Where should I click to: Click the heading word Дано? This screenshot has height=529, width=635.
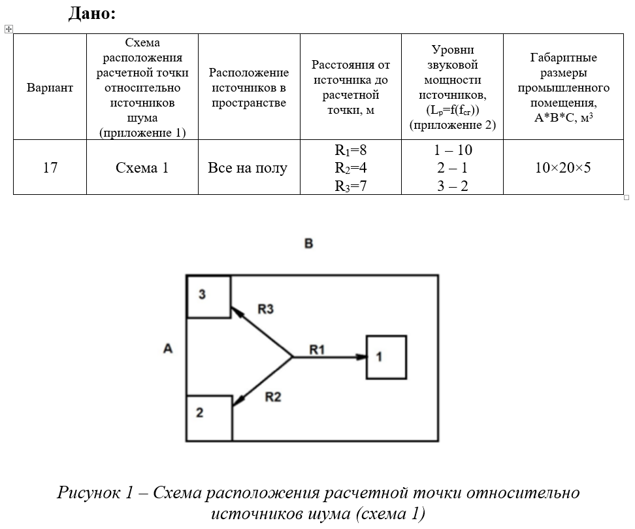pyautogui.click(x=91, y=13)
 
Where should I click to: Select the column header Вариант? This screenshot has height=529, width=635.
pyautogui.click(x=50, y=88)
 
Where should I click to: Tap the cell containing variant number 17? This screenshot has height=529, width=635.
pyautogui.click(x=50, y=168)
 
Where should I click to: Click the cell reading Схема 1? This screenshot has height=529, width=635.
pyautogui.click(x=142, y=168)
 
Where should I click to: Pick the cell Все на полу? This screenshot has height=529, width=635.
pyautogui.click(x=248, y=168)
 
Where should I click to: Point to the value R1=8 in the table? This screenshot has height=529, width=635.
pyautogui.click(x=350, y=150)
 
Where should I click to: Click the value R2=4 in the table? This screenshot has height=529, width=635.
pyautogui.click(x=350, y=168)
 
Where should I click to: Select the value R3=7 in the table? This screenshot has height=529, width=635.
pyautogui.click(x=350, y=186)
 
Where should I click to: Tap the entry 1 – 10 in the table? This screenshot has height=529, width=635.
pyautogui.click(x=453, y=150)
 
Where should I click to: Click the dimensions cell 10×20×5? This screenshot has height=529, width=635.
pyautogui.click(x=562, y=168)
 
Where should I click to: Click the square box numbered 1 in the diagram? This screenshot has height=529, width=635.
pyautogui.click(x=386, y=357)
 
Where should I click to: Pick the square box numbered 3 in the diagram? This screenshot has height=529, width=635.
pyautogui.click(x=208, y=298)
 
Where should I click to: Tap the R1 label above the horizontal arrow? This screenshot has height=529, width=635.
pyautogui.click(x=317, y=350)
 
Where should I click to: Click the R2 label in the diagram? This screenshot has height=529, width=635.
pyautogui.click(x=273, y=396)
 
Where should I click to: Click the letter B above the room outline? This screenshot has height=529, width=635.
pyautogui.click(x=309, y=244)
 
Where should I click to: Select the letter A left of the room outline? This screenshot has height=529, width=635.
pyautogui.click(x=168, y=349)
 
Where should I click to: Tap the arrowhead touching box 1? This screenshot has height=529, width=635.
pyautogui.click(x=361, y=357)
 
